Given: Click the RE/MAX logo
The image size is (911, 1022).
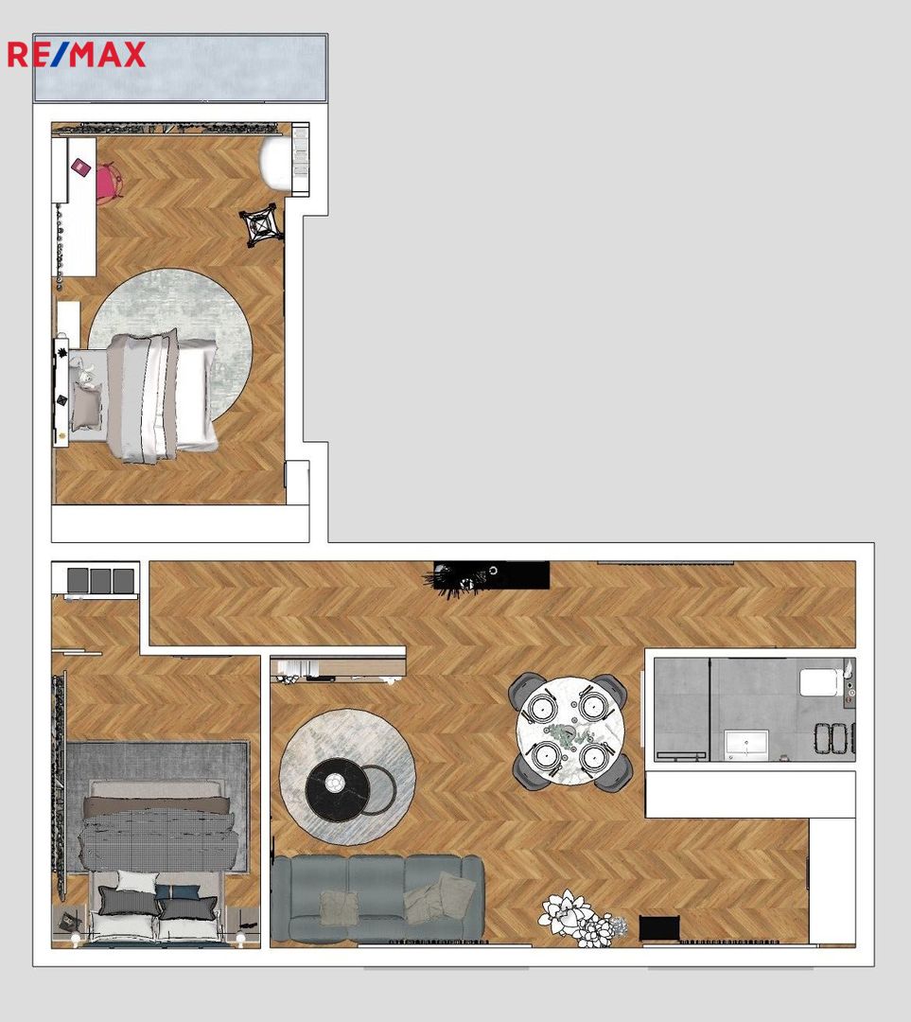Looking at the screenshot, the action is coord(77,55).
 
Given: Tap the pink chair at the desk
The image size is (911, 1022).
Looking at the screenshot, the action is coord(108,184).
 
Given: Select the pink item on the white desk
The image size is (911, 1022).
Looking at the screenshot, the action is coord(81,167).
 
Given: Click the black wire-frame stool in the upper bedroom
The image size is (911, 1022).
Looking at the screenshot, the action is coord(261,225).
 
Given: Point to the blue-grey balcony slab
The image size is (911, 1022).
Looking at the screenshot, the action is coord(180,68).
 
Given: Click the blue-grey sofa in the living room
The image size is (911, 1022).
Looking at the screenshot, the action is coord(377,899).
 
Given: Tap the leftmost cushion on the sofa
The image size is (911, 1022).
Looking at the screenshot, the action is coord(339,907).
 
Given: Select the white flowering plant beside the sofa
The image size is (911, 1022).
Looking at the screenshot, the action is coord(581,918).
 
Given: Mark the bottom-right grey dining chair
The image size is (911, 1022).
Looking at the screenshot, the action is coord(613,772).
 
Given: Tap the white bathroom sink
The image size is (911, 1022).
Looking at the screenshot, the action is coord(746,745).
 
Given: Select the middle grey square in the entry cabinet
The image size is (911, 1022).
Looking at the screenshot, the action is coord(100,580).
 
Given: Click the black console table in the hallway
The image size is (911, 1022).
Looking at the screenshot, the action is coord(492,575).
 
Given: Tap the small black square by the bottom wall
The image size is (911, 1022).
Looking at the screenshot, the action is coord(659,927).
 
